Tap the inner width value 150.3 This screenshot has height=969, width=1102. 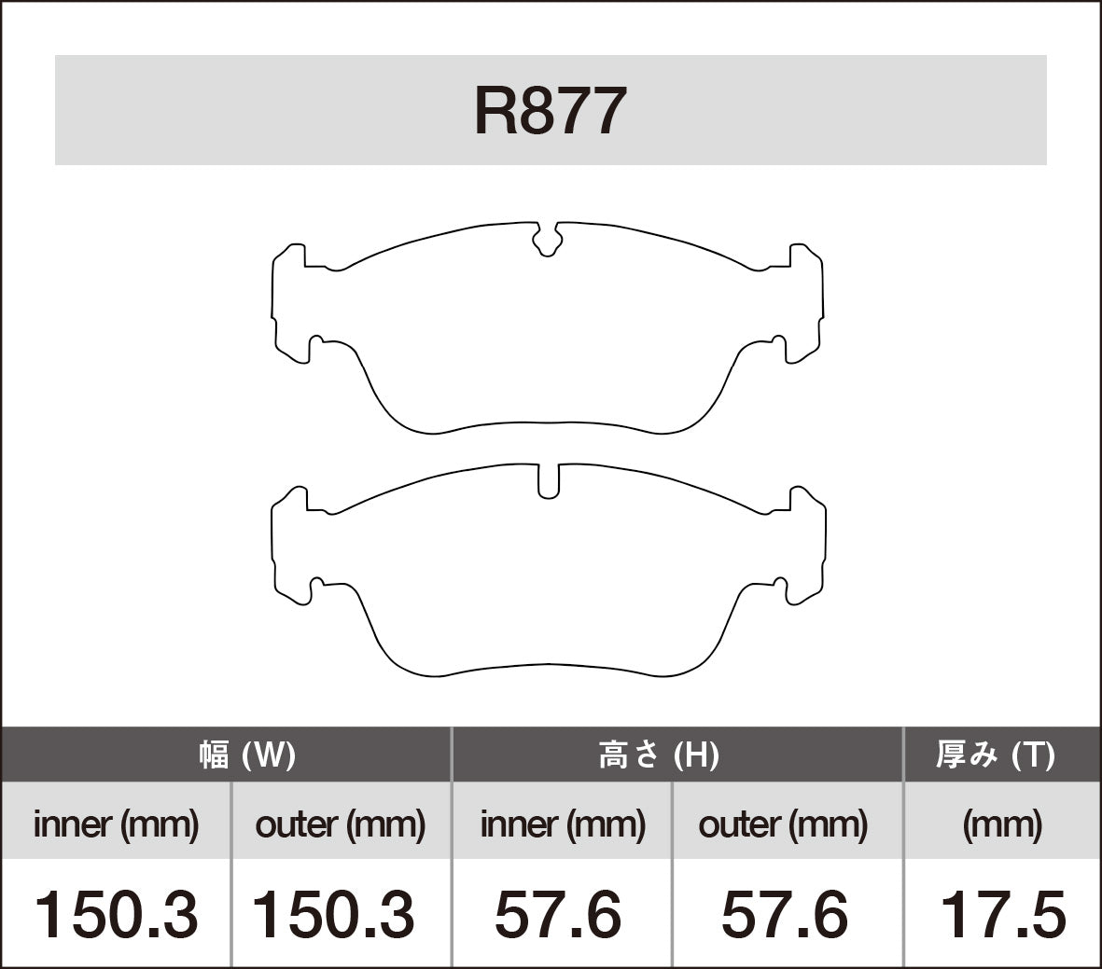116,914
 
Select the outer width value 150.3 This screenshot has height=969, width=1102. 334,914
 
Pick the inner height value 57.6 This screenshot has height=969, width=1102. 558,914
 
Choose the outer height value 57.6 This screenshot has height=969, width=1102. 785,914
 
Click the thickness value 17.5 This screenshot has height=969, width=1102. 1002,914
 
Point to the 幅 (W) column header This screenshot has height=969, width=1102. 246,754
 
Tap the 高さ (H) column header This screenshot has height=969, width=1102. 658,754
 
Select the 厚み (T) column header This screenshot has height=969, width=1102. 995,754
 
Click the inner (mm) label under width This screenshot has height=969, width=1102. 116,824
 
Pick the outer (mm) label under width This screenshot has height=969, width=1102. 340,824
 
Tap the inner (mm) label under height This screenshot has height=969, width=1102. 563,824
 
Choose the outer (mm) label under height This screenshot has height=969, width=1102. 783,824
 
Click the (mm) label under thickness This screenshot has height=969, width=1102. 1002,824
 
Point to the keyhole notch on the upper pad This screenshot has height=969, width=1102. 548,241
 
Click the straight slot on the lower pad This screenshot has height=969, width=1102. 549,480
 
